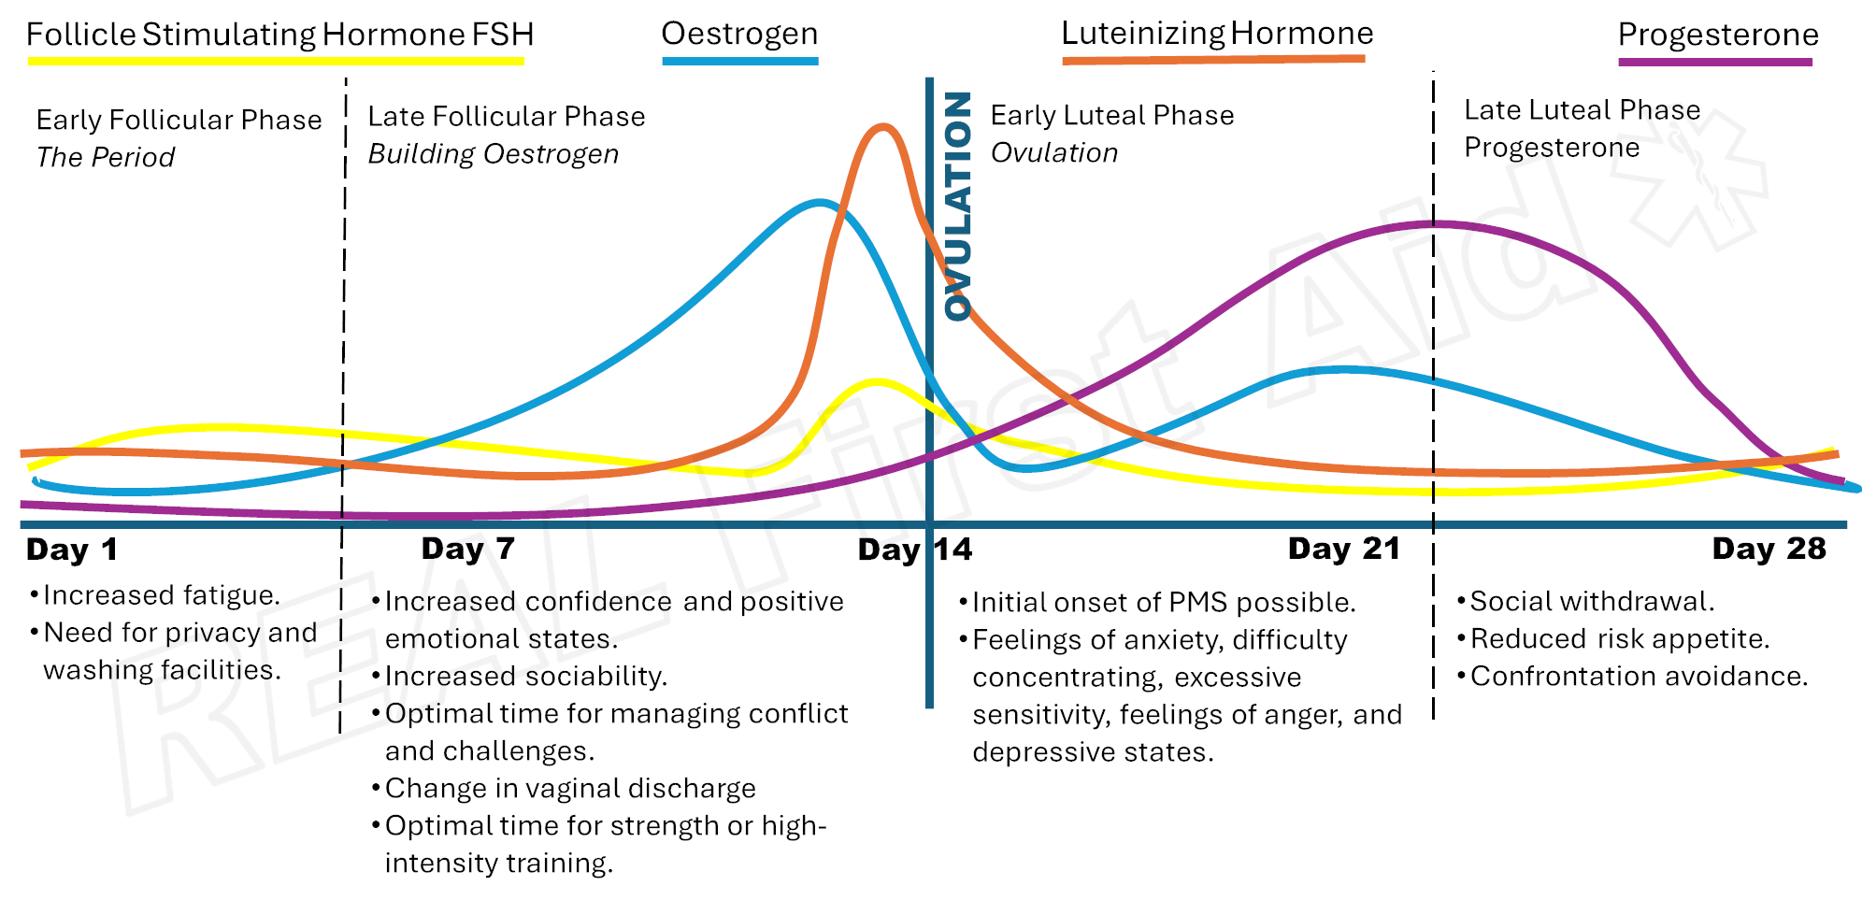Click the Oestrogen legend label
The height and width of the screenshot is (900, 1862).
pos(739,34)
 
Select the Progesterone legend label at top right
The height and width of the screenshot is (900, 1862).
pos(1718,35)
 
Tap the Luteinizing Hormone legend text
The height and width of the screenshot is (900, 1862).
pos(1217,34)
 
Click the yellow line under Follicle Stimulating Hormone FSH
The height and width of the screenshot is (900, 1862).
pos(276,61)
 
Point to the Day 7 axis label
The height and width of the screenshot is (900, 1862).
pos(467,549)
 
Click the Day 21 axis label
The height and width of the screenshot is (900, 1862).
pos(1344,549)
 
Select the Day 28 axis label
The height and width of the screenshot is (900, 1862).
pos(1769,549)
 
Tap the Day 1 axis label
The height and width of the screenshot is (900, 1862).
pos(72,550)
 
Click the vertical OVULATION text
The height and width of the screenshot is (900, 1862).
pos(958,206)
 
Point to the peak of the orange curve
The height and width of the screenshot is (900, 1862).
pos(881,126)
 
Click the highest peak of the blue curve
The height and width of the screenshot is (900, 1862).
pos(820,201)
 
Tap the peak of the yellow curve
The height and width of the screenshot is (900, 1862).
pos(877,381)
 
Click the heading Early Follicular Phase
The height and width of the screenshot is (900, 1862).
pos(179,120)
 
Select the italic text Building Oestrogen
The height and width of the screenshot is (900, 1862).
pos(493,154)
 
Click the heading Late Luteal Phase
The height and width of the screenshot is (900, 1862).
pos(1582,110)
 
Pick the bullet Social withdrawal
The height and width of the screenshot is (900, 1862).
pos(1591,601)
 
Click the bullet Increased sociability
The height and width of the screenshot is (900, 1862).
pos(525,676)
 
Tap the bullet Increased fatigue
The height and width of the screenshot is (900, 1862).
pos(161,595)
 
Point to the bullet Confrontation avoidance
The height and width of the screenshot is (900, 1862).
pos(1638,676)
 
